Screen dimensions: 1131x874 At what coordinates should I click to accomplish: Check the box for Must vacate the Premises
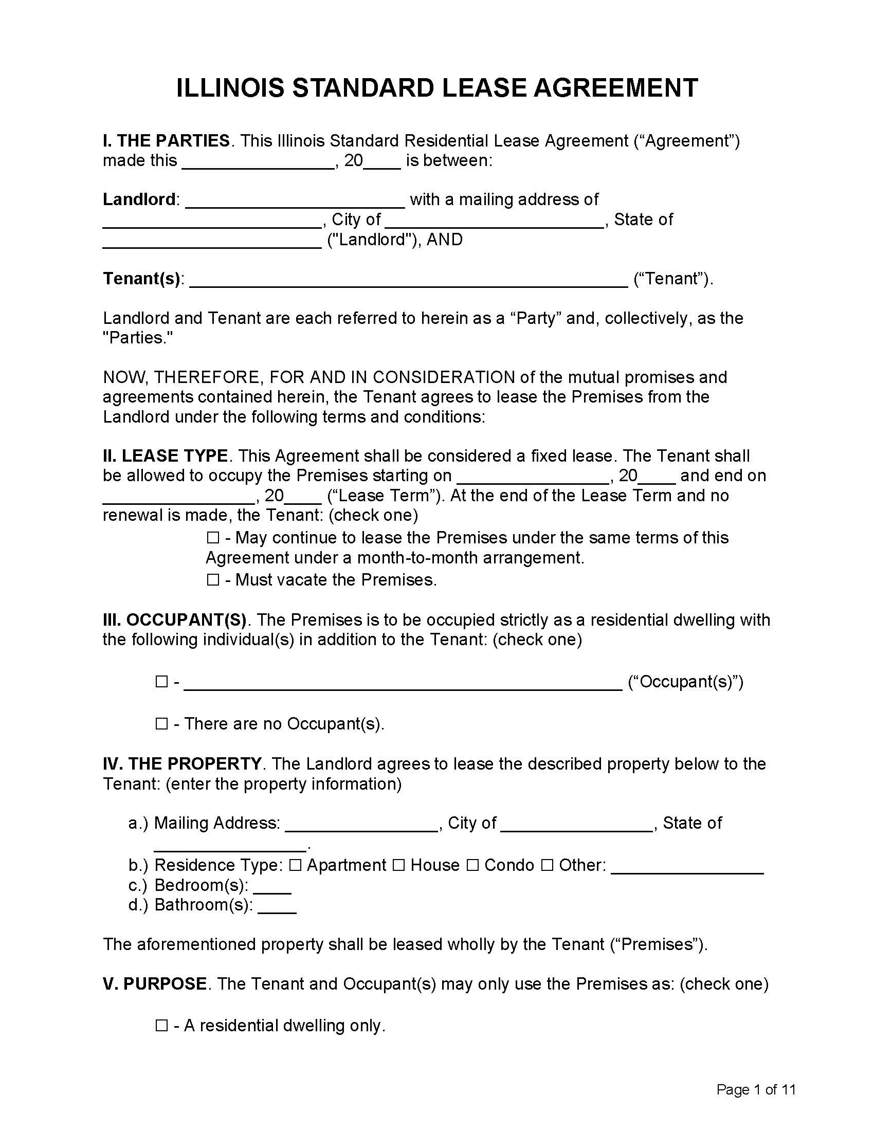213,579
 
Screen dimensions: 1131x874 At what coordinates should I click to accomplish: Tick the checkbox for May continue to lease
213,538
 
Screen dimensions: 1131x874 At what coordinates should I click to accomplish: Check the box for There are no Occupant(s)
161,723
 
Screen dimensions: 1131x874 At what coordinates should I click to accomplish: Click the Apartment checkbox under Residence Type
295,865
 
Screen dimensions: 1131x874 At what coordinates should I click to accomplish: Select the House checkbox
398,865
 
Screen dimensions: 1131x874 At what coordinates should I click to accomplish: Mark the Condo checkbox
472,865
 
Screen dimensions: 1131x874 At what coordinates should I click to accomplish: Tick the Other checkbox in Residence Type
547,865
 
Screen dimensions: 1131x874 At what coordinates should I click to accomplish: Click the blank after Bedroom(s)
272,888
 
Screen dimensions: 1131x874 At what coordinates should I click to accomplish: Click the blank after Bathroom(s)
277,907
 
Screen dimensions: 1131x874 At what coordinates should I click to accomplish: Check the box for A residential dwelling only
161,1026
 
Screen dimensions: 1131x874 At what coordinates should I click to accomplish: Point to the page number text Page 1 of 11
755,1090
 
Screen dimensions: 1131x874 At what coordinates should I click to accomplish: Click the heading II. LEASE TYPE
165,455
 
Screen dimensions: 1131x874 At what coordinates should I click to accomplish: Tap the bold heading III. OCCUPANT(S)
174,620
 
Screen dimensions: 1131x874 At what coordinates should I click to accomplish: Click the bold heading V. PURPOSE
155,984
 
